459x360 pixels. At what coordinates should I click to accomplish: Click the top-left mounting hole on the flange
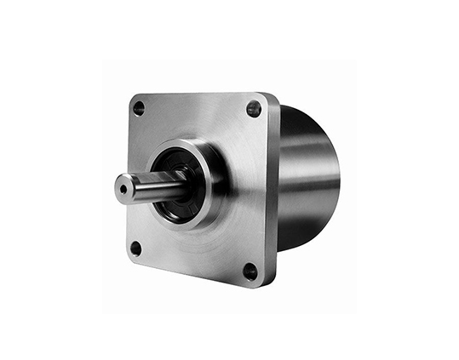pyautogui.click(x=139, y=108)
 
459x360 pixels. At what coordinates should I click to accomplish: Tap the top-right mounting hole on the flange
pyautogui.click(x=253, y=108)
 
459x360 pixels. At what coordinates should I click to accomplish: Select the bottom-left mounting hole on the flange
pyautogui.click(x=135, y=249)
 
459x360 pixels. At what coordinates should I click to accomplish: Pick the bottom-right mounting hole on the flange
pyautogui.click(x=250, y=271)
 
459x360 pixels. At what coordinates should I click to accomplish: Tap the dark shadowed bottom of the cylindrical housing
pyautogui.click(x=298, y=238)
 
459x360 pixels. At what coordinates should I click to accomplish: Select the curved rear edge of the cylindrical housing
pyautogui.click(x=337, y=179)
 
